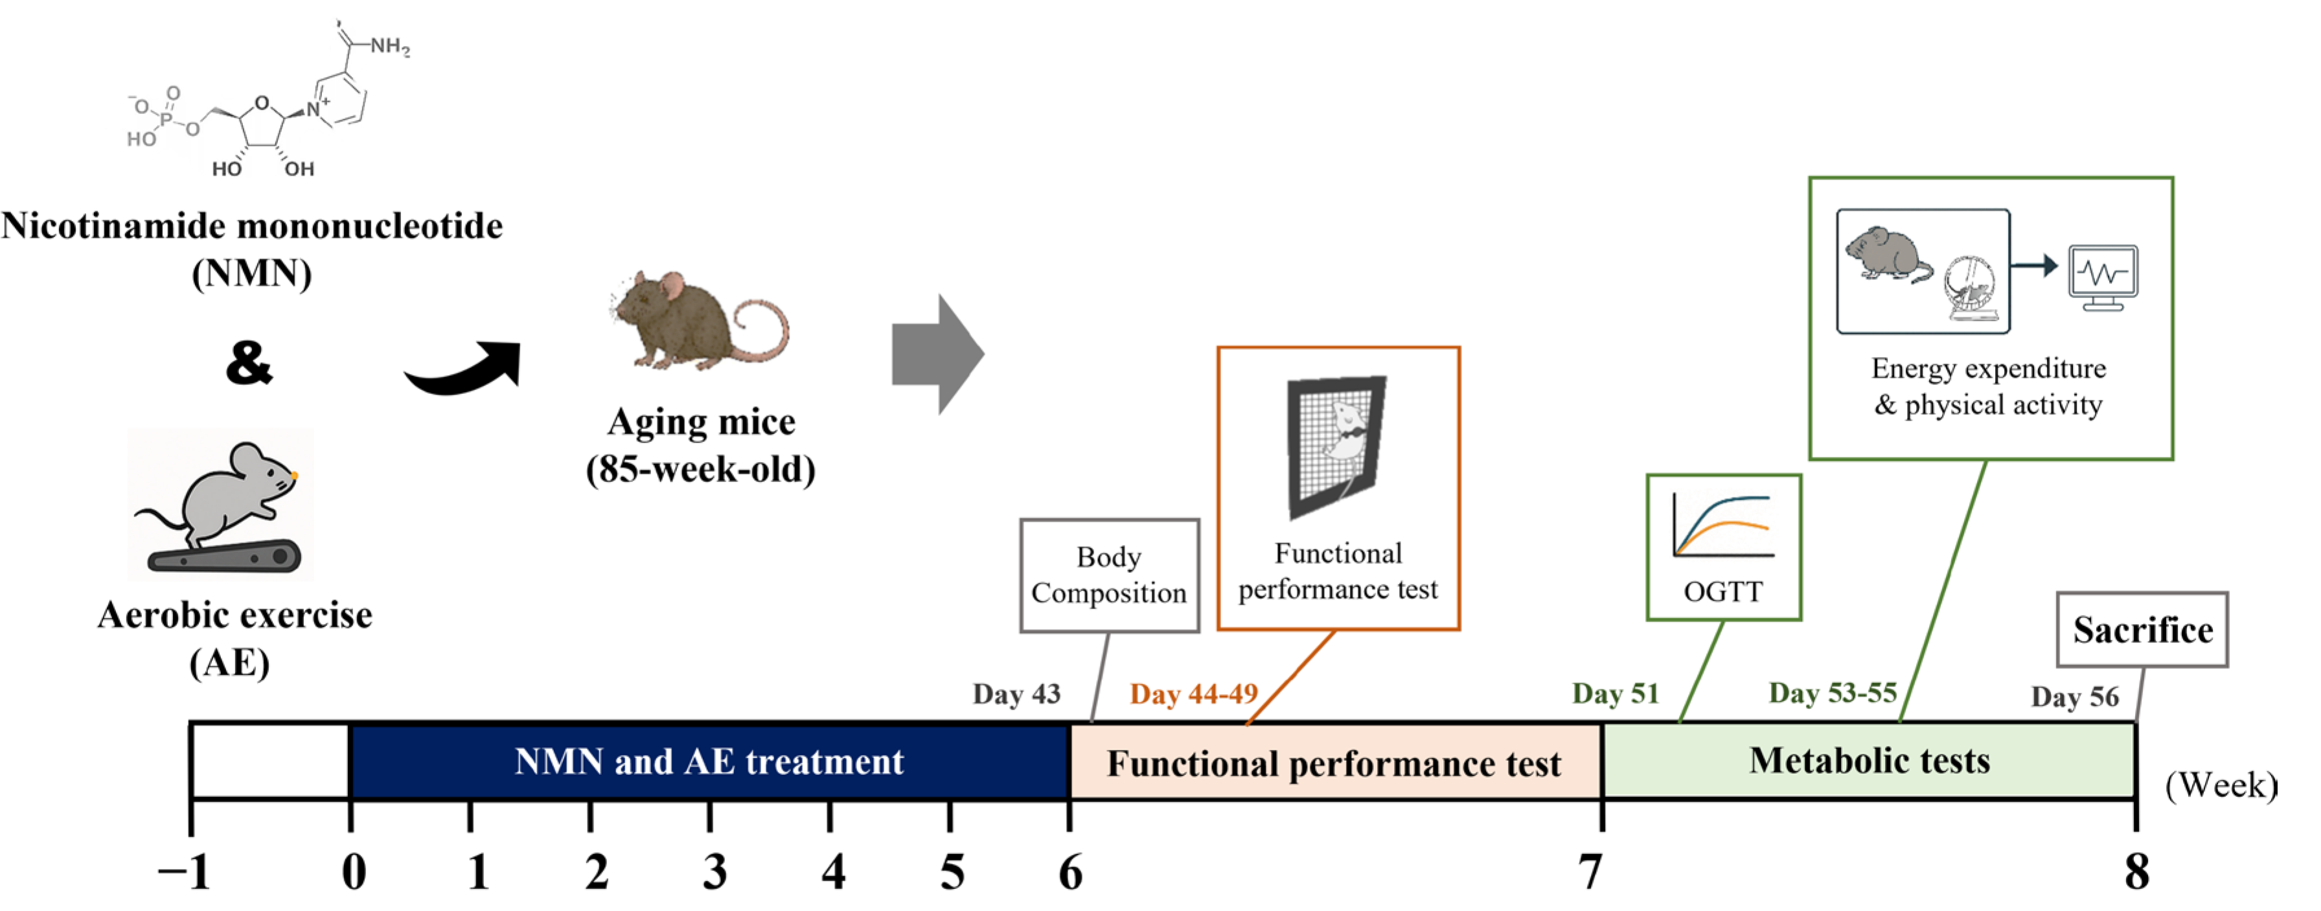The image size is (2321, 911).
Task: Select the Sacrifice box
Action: tap(2142, 630)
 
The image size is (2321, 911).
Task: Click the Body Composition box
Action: tap(1108, 575)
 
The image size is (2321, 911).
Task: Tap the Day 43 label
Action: tap(1016, 694)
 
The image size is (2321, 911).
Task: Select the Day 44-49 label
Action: tap(1193, 694)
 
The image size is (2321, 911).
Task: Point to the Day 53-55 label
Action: tap(1833, 692)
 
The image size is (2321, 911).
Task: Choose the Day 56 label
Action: tap(2074, 697)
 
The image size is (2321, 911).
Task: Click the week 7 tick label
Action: tap(1590, 871)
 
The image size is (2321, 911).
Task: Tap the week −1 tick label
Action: tap(185, 871)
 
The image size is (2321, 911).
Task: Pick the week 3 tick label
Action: tap(714, 871)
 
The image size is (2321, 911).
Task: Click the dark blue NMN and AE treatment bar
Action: tap(708, 761)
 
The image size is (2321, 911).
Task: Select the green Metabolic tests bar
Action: tap(1869, 761)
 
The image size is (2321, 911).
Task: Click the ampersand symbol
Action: tap(249, 362)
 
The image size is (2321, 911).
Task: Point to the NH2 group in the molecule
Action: tap(389, 46)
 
